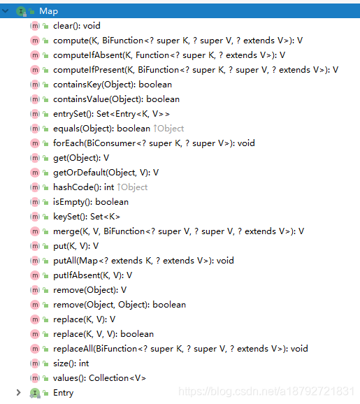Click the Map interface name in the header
click(48, 11)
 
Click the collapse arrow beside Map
click(5, 11)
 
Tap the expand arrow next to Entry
click(18, 393)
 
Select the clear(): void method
click(77, 26)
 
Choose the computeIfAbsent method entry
click(169, 55)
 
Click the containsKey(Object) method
click(113, 85)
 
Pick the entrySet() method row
click(111, 114)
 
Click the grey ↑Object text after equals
click(168, 129)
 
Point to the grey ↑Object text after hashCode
click(132, 187)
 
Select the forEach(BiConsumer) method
click(154, 143)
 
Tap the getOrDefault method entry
click(106, 173)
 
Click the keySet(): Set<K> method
click(87, 217)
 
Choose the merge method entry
click(178, 231)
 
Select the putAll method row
click(143, 261)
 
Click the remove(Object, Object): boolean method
click(120, 305)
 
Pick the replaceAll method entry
click(180, 349)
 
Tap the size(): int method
click(71, 363)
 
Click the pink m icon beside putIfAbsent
click(35, 275)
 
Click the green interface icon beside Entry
click(35, 393)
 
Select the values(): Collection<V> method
click(99, 378)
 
